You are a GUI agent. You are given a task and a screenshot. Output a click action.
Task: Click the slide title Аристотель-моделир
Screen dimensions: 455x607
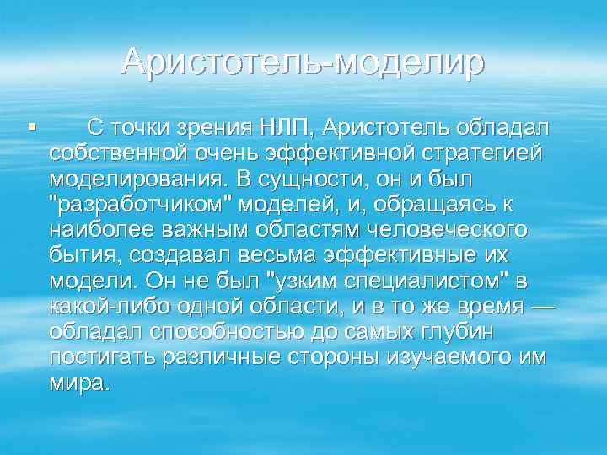[303, 62]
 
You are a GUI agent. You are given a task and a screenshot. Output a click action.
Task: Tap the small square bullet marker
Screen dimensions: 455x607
[31, 127]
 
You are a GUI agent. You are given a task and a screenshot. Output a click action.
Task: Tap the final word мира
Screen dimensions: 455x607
[78, 383]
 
